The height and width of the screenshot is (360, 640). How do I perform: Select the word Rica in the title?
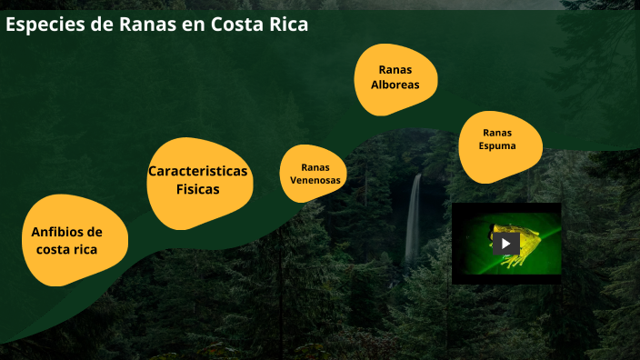click(x=288, y=25)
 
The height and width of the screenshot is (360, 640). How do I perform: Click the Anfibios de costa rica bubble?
click(x=75, y=240)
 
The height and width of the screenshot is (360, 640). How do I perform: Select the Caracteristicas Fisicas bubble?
click(x=197, y=183)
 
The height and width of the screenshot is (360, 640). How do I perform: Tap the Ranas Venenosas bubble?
click(x=315, y=173)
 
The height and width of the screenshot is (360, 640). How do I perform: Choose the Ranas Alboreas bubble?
click(x=395, y=78)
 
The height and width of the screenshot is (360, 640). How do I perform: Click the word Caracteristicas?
click(x=197, y=171)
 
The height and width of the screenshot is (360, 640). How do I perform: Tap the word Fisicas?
click(x=197, y=190)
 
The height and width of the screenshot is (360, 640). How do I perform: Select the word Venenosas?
click(x=315, y=180)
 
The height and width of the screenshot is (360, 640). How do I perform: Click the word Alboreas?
click(x=395, y=85)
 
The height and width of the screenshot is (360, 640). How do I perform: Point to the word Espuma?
click(x=497, y=145)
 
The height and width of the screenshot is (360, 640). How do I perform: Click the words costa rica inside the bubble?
click(x=66, y=249)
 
